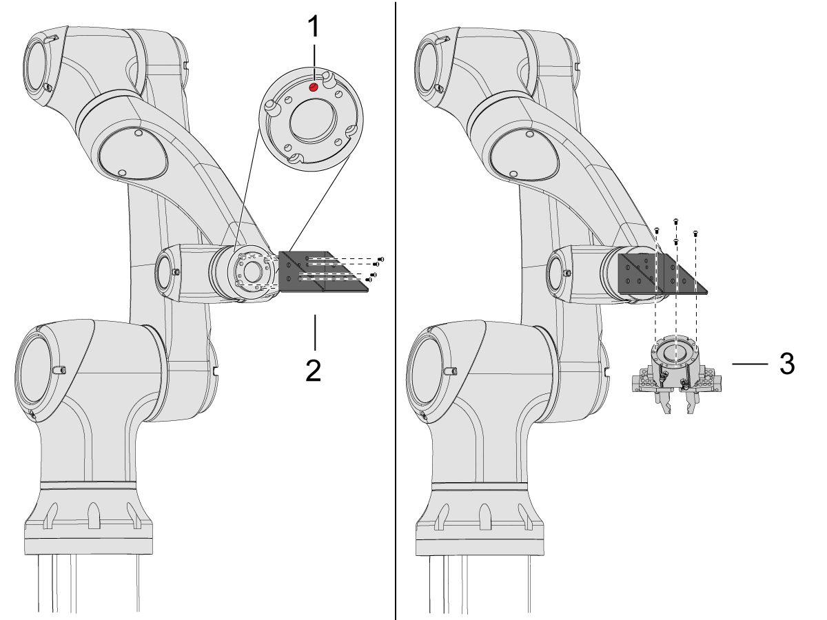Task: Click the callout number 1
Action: point(314,28)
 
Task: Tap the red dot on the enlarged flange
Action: point(314,87)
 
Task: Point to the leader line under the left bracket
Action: point(314,333)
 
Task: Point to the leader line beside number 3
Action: point(749,363)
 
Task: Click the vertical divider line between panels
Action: point(396,310)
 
